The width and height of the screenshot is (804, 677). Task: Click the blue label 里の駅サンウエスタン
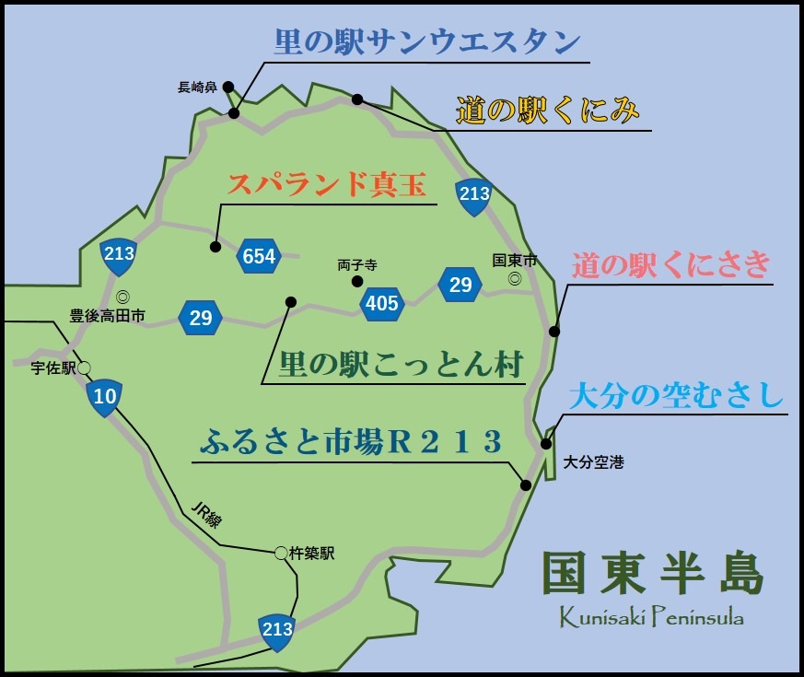click(427, 42)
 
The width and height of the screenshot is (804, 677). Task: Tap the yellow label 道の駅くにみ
click(547, 111)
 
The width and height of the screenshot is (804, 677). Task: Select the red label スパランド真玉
click(327, 185)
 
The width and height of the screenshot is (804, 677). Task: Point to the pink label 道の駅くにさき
click(670, 265)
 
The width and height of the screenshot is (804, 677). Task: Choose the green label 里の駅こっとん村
click(401, 365)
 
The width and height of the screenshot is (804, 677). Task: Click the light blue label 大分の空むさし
click(676, 397)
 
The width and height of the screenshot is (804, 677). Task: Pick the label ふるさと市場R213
click(351, 443)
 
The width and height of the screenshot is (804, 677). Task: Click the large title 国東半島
click(653, 575)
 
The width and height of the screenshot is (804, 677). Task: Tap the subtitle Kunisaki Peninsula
click(652, 617)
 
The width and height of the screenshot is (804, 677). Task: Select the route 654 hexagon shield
click(259, 256)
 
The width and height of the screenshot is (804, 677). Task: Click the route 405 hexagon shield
click(381, 302)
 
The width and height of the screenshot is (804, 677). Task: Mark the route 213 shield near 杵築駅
click(277, 630)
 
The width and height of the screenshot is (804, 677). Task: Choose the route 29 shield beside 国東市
click(460, 285)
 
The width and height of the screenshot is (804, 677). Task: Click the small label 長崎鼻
click(197, 88)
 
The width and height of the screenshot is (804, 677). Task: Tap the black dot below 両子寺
click(357, 280)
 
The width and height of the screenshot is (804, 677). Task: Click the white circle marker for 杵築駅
click(281, 554)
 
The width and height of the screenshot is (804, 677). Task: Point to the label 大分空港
click(593, 462)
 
